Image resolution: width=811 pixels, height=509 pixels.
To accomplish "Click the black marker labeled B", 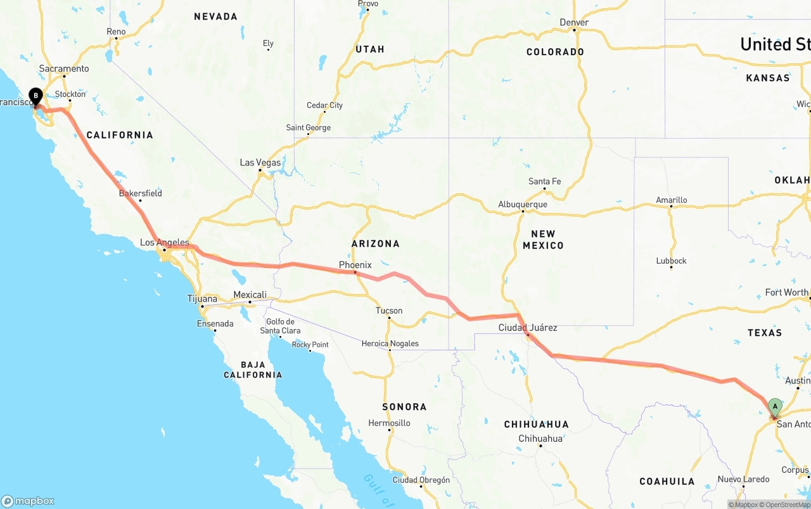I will tap(35, 96).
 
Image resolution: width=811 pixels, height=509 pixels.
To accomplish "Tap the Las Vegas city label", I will tap(260, 163).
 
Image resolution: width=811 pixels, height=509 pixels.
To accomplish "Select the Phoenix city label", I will tap(355, 264).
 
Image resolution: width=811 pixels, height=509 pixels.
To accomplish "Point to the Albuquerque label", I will tap(523, 204).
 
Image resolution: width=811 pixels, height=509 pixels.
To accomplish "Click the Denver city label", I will tap(574, 22).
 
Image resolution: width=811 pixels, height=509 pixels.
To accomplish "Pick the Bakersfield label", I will tap(140, 193).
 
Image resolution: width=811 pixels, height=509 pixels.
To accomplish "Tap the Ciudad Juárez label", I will tap(528, 328).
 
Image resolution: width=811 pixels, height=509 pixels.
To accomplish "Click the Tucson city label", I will tap(389, 311).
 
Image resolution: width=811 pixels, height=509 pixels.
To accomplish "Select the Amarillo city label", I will tap(671, 200).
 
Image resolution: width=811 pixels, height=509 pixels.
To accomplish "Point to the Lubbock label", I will tap(671, 261).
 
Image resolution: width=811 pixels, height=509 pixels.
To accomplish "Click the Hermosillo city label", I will tap(389, 423).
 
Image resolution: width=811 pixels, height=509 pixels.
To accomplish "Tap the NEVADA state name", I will tap(215, 16).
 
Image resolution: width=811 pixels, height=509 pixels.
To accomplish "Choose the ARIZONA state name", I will tap(376, 243).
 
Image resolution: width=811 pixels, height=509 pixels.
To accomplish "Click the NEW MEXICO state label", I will tap(543, 240).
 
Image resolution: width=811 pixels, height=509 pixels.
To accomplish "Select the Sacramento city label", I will tap(64, 68).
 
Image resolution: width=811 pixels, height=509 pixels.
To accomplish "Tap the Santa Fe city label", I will tap(544, 181).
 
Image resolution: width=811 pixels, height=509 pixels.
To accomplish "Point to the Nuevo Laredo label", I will tap(743, 479).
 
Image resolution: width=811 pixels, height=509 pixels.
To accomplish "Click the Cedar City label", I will tap(324, 105).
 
